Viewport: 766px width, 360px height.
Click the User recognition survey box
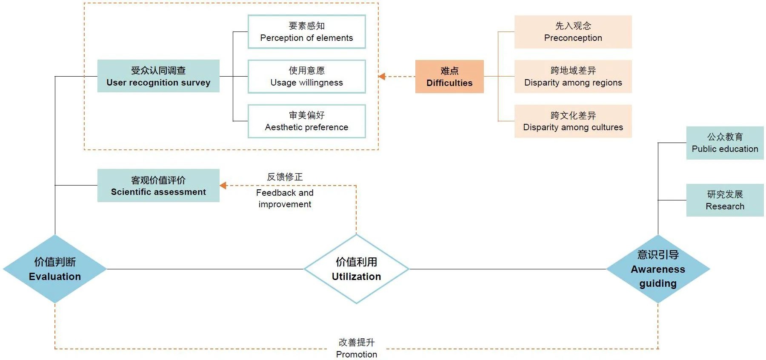pos(158,76)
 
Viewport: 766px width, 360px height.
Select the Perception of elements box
pos(306,32)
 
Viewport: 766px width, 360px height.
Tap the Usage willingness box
pos(306,77)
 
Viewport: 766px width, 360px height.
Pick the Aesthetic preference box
pos(306,121)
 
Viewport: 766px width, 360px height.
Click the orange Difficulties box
pos(449,77)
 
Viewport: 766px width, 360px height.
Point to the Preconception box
pos(573,32)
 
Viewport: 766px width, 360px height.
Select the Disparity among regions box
pos(573,77)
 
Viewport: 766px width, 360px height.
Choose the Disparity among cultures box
pos(573,121)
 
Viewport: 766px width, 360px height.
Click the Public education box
pos(725,143)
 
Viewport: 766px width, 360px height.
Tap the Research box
pos(725,200)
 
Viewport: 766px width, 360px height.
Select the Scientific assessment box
pos(158,186)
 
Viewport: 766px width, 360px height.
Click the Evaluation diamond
pos(55,269)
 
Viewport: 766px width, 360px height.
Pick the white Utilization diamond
pos(356,269)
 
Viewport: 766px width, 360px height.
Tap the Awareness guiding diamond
pos(658,269)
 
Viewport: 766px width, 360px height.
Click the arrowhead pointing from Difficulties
pos(382,77)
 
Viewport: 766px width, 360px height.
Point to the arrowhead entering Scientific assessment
pos(223,186)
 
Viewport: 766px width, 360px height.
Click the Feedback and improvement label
pos(285,198)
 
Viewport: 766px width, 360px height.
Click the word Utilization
pos(356,277)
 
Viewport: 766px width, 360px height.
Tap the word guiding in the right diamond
pos(658,283)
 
